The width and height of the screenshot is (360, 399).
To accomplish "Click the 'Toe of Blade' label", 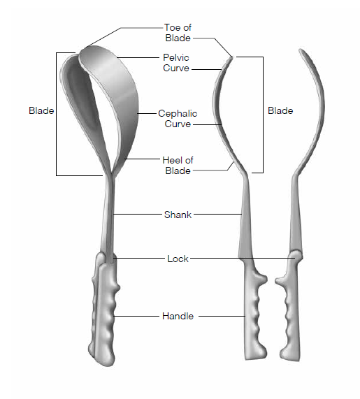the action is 178,33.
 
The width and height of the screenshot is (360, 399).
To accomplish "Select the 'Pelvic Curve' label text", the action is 176,63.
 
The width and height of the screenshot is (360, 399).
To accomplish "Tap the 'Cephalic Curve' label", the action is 178,119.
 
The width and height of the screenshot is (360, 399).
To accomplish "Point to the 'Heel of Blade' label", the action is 178,166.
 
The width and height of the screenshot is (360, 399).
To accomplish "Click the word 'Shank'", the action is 178,215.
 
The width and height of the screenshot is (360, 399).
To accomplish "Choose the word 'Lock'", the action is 178,259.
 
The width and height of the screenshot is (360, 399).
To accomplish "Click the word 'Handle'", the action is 178,316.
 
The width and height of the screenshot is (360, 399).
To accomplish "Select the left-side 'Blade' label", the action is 41,110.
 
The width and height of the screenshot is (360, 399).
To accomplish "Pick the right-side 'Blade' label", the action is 280,110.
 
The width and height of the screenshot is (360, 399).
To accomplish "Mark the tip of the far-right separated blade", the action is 301,50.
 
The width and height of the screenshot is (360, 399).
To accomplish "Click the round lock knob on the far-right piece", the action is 296,255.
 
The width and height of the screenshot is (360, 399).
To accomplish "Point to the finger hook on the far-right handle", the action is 280,281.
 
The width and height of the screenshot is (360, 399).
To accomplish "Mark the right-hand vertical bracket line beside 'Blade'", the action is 263,115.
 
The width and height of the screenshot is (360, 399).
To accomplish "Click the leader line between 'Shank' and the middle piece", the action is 217,215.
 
